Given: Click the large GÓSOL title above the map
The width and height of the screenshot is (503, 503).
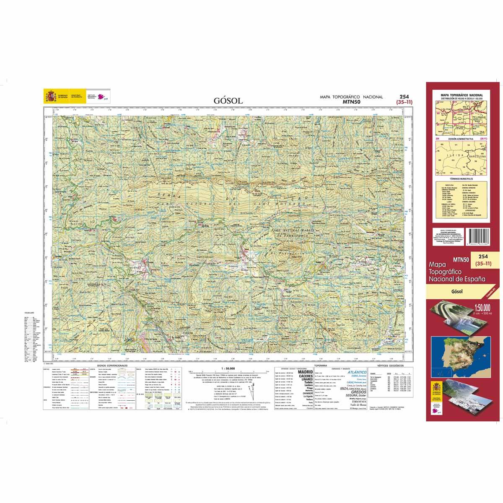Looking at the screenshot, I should coord(228,101).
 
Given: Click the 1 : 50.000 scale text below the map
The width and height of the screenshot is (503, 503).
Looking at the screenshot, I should coord(227,368).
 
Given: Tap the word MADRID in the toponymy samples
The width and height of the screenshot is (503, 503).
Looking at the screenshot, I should coord(305,372).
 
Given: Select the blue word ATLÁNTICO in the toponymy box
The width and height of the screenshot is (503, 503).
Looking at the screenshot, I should coord(355,372).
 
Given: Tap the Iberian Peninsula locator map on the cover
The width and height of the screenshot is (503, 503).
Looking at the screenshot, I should coord(454,357).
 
